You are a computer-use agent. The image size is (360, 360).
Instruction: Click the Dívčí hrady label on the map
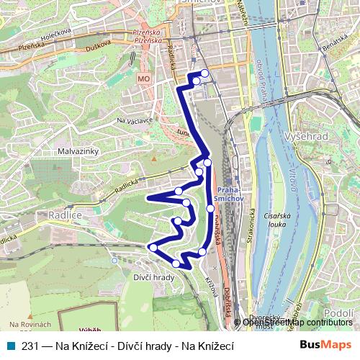click(154, 277)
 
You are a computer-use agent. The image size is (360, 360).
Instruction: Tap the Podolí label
click(338, 312)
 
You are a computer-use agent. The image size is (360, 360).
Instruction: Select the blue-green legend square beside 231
click(11, 346)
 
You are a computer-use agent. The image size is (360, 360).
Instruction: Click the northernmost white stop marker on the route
click(204, 73)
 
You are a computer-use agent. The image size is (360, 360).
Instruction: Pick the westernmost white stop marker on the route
click(152, 248)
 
